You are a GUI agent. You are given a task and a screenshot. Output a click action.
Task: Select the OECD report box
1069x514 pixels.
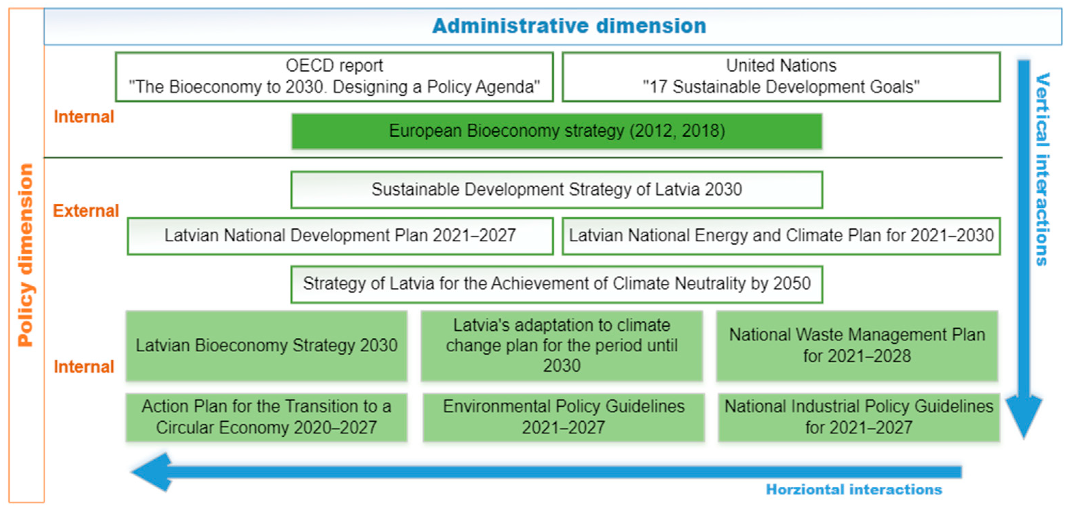334,77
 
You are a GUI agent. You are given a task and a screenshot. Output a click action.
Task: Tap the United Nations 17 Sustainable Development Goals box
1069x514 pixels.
781,77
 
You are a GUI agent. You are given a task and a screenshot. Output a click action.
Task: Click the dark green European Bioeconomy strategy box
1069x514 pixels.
557,131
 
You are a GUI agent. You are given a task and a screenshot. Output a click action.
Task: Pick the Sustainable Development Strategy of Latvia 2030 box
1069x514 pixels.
557,190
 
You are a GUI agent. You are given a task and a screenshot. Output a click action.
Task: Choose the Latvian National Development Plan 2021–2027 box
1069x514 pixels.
340,236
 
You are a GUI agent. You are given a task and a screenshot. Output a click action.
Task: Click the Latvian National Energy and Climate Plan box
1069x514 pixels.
781,236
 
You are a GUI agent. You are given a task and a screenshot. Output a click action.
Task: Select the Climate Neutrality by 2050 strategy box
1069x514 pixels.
557,284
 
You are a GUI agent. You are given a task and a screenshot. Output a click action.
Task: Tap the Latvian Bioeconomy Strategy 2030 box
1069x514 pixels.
266,346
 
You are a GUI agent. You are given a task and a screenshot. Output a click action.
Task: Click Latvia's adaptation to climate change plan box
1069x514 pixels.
561,346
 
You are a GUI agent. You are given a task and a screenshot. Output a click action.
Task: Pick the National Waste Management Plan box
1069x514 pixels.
857,346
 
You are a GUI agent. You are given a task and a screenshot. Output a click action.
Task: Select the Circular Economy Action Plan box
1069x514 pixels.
266,417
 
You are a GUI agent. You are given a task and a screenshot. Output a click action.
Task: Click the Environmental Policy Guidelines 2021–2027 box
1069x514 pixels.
564,417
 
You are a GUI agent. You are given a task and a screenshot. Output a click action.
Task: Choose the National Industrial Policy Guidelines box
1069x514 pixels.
859,417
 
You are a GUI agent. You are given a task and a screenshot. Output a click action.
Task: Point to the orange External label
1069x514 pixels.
86,211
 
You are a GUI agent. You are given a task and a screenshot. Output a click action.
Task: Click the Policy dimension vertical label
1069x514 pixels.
26,255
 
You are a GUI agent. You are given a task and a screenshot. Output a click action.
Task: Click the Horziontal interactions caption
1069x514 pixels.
854,489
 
